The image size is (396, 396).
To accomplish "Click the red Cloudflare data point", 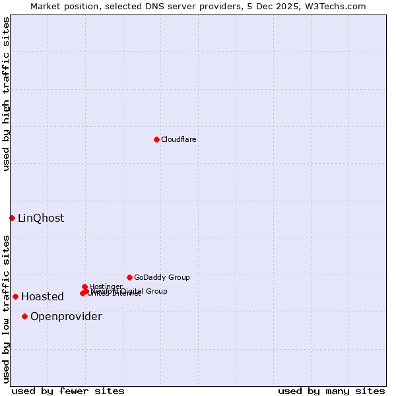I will pos(156,139).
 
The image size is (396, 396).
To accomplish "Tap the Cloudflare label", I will pos(178,139).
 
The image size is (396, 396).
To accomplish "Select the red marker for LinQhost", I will pos(12,218).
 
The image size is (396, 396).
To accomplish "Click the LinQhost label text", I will pos(41,218).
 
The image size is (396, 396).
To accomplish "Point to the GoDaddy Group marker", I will pos(129,277).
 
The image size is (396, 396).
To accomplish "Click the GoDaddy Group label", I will pos(162,277).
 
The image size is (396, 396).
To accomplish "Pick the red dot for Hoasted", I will pos(15,296).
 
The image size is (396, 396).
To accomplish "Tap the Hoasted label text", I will pos(42,297).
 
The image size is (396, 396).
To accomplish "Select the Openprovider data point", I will pos(24,316).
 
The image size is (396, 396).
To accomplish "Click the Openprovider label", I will pos(66,317).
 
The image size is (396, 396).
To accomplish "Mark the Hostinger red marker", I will pos(84,286).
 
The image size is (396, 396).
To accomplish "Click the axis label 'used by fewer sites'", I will pos(68,391).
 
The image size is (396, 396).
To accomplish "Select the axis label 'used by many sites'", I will pos(331,391).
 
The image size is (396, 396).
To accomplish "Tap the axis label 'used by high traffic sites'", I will pos(7,94).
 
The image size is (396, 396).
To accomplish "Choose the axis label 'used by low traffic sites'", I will pos(7,308).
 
